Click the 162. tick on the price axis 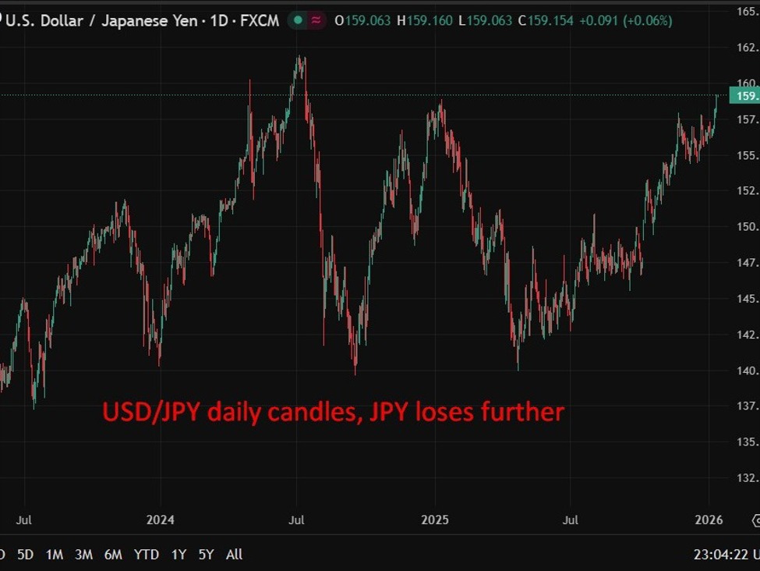click(x=746, y=48)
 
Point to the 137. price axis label click(x=746, y=406)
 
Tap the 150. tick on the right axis click(x=746, y=227)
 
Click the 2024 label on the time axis click(x=160, y=520)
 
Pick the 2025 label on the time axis click(x=435, y=520)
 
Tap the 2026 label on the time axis click(x=709, y=520)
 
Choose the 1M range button click(x=55, y=555)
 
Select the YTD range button click(x=146, y=555)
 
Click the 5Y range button click(x=206, y=555)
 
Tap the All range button click(x=234, y=555)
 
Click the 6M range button click(x=113, y=555)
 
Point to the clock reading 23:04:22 click(x=721, y=555)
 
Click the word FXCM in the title click(x=260, y=21)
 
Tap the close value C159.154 click(x=548, y=21)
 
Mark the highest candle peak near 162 click(x=299, y=57)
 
